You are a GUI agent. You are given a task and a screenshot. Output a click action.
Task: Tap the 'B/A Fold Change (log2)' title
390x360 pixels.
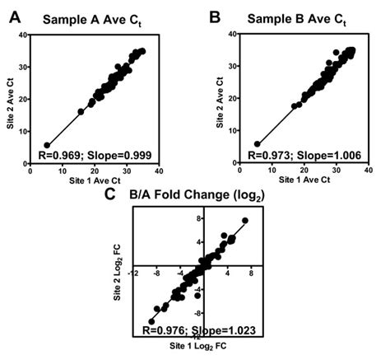(194, 196)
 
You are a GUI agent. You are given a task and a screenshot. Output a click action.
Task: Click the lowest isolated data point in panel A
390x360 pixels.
(47, 145)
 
